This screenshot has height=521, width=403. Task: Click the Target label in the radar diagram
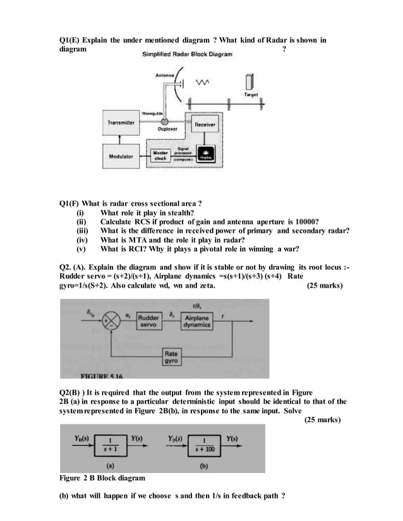(x=251, y=94)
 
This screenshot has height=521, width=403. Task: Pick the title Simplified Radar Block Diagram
(x=188, y=54)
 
